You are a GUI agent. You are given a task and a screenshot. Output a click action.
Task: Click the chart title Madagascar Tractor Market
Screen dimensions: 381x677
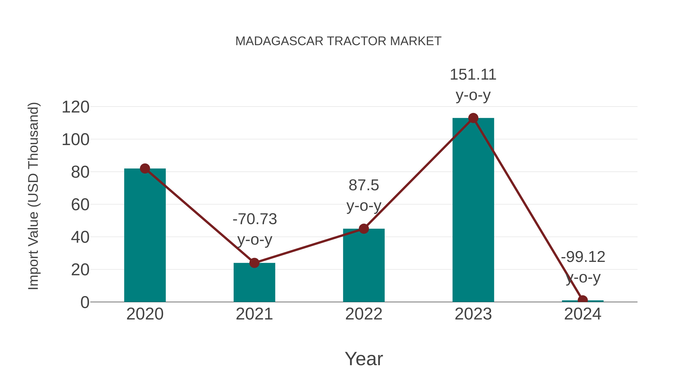[x=338, y=41]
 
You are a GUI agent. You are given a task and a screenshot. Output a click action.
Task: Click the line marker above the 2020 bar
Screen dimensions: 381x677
[x=145, y=169]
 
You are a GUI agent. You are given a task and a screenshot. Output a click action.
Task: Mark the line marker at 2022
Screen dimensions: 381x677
[x=364, y=229]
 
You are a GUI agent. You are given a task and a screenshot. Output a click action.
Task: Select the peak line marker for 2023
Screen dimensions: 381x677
[x=473, y=118]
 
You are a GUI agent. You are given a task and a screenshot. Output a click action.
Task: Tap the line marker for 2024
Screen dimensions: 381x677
[x=582, y=300]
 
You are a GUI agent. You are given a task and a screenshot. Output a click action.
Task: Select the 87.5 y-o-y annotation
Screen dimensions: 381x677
[x=364, y=195]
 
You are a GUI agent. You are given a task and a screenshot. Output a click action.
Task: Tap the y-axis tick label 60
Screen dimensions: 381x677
[x=80, y=205]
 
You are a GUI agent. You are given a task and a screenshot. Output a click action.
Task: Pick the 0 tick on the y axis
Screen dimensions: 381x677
[x=85, y=302]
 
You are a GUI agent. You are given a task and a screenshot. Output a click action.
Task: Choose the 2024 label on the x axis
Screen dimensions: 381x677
[x=582, y=314]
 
